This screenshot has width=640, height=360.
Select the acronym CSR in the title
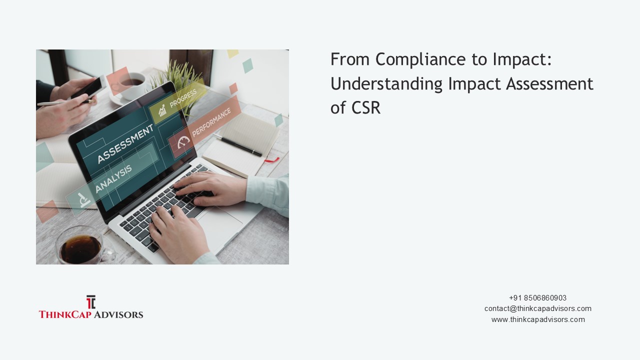(364, 108)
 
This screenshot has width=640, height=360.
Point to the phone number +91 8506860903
(537, 298)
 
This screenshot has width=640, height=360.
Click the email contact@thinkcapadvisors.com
(537, 308)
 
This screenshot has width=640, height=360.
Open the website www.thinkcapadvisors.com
(537, 319)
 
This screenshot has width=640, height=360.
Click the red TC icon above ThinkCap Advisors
(90, 302)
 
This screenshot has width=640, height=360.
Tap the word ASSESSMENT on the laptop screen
(125, 144)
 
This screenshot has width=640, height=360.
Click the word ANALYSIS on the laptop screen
(113, 178)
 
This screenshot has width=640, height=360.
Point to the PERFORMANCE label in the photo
(211, 122)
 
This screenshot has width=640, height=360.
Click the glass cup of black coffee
(80, 246)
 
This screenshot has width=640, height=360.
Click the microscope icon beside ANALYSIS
(84, 199)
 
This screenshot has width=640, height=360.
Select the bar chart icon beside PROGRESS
(162, 110)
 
